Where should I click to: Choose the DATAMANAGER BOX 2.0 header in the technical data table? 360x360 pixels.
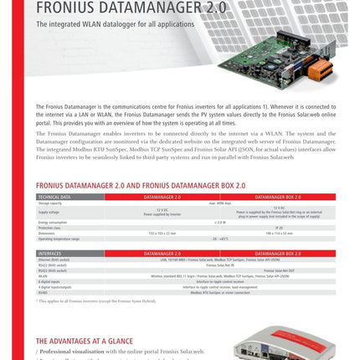click(x=277, y=197)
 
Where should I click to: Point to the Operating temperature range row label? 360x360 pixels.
click(x=59, y=239)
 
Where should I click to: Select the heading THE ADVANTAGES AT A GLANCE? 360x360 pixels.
click(x=84, y=341)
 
